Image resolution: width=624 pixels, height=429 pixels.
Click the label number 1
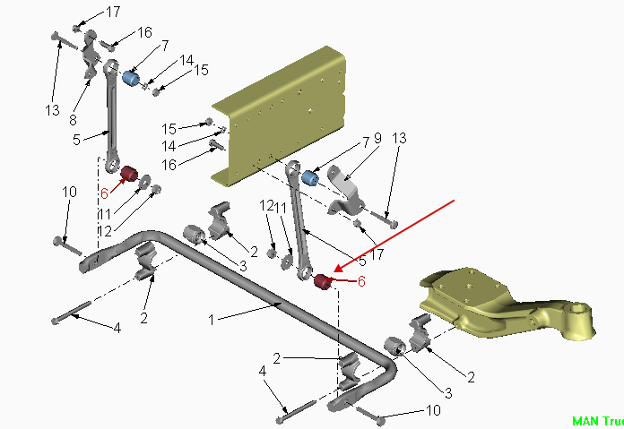tap(212, 319)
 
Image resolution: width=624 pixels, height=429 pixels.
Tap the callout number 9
tap(377, 139)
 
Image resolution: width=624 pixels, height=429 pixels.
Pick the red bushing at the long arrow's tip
tap(324, 284)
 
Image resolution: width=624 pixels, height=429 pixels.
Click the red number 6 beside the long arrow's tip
tap(361, 280)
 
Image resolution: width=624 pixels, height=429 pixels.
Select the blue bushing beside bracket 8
tap(131, 81)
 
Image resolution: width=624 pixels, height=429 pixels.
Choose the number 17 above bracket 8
tap(113, 12)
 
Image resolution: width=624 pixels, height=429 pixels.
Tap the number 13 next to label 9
tap(399, 138)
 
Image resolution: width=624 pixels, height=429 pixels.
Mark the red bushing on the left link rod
tap(127, 172)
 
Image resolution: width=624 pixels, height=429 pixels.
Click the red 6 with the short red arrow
tap(104, 193)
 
